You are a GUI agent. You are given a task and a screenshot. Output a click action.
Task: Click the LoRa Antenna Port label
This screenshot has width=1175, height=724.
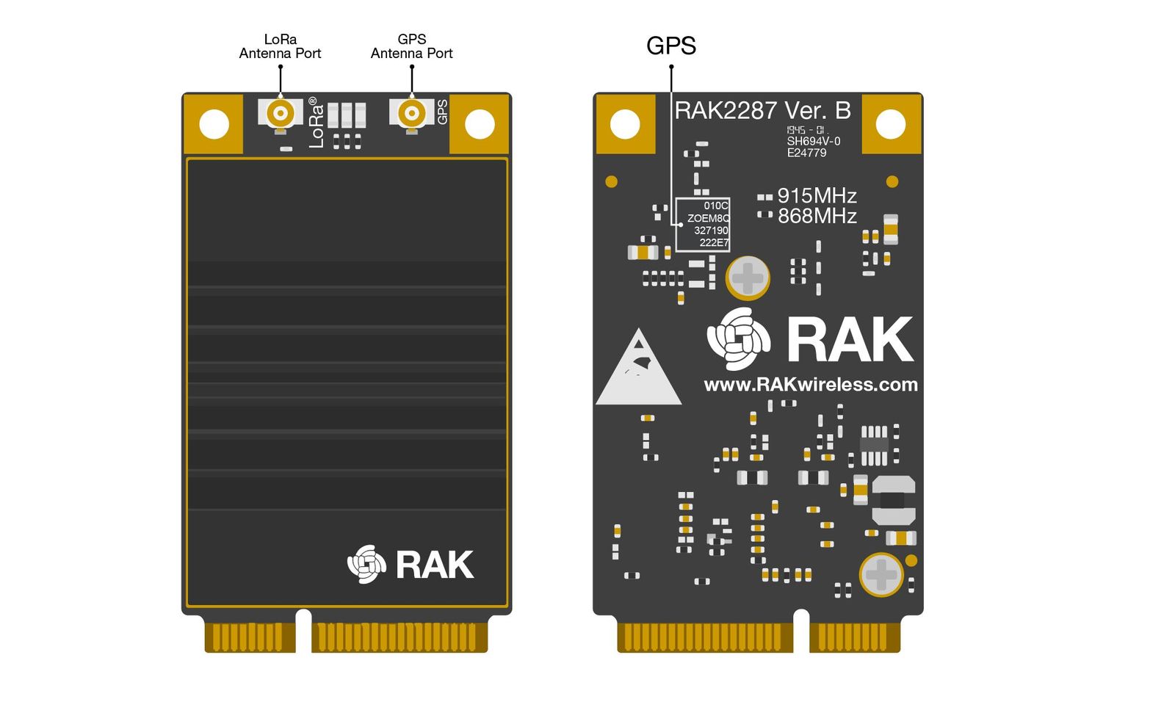(x=280, y=46)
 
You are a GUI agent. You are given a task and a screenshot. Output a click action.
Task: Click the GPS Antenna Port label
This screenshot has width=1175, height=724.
(x=411, y=46)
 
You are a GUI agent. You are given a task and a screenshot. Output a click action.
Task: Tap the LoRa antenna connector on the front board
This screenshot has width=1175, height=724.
(x=281, y=113)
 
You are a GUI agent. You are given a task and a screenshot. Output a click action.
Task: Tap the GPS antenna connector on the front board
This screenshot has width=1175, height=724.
(x=411, y=113)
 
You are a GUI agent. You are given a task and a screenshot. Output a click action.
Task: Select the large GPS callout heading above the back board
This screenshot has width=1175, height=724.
(x=670, y=46)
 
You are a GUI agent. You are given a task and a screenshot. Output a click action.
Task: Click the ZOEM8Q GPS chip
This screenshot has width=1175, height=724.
(x=703, y=224)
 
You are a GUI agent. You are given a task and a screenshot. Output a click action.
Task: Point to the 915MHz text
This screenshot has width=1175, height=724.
(x=817, y=196)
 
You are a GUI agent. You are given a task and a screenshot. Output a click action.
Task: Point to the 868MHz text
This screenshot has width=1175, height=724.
(x=817, y=216)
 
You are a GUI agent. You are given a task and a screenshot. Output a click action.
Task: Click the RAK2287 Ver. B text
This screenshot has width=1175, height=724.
(x=762, y=111)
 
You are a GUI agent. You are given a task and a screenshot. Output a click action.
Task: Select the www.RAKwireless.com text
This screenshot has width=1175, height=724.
(x=811, y=385)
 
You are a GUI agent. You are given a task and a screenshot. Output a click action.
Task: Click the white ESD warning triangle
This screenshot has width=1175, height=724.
(x=638, y=372)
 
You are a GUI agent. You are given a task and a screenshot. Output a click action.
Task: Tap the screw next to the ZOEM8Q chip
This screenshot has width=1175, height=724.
(x=748, y=278)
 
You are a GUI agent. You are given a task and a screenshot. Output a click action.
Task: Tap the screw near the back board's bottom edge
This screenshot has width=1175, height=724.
(x=881, y=574)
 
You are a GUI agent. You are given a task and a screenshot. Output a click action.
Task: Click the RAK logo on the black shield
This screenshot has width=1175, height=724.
(x=411, y=565)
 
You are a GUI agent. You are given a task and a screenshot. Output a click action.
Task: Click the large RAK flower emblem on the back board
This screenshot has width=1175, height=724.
(x=739, y=339)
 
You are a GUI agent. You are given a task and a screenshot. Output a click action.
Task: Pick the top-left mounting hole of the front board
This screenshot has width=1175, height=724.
(x=214, y=124)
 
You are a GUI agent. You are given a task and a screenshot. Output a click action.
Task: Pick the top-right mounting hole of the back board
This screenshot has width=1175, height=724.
(x=891, y=124)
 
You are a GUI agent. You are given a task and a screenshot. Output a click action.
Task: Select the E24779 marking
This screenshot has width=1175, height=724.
(x=806, y=153)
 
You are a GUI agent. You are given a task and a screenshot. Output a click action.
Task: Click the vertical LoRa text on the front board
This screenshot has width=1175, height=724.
(x=316, y=123)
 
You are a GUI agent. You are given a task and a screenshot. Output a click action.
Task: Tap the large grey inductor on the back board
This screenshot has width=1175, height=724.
(x=892, y=500)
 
